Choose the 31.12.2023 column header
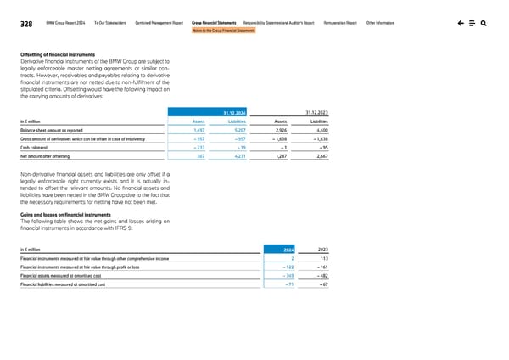coord(316,110)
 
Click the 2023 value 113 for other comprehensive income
coord(322,258)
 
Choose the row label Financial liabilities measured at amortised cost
coord(63,284)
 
